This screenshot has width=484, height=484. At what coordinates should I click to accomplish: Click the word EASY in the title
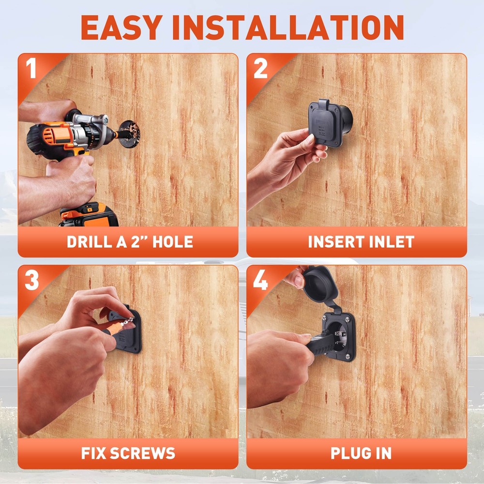121,27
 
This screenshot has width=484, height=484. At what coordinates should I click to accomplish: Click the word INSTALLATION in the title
288,27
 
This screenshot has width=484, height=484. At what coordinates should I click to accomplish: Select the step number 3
32,280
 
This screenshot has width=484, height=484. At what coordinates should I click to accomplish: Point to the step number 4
260,280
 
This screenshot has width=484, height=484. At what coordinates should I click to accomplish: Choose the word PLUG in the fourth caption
346,454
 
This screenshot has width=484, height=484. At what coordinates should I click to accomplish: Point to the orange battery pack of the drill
90,215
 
